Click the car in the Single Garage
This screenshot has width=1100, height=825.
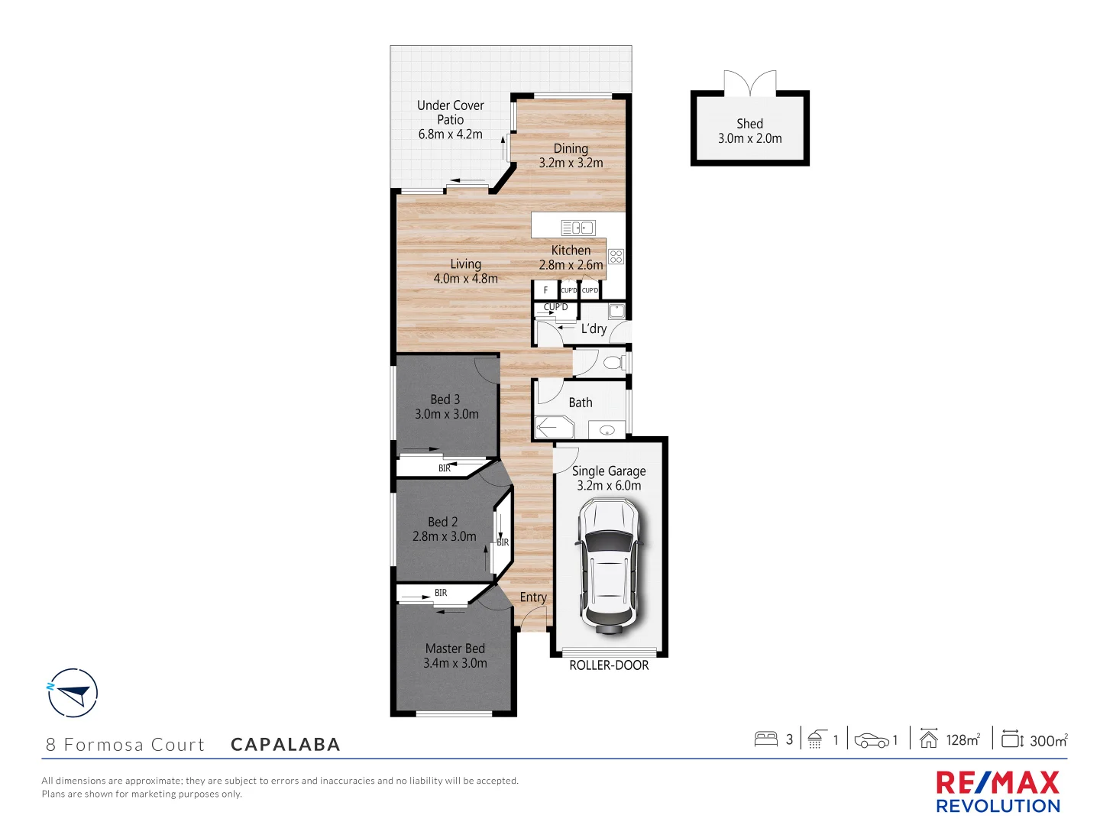pos(609,566)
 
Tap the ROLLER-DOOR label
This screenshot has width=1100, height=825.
pos(609,665)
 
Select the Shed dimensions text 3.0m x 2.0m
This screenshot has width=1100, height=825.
pos(749,138)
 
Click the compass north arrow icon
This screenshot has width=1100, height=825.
pos(73,693)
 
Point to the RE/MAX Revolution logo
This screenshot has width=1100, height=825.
pos(998,792)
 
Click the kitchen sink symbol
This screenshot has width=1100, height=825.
pos(577,228)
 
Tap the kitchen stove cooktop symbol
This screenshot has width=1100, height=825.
pos(616,256)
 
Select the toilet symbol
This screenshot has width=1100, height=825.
pos(613,361)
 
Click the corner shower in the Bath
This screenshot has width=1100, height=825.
pos(552,427)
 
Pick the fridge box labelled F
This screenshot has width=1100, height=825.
pos(545,290)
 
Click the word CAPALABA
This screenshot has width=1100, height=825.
pos(286,745)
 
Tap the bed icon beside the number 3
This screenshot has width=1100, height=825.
pos(765,739)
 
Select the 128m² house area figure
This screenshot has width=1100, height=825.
pos(962,739)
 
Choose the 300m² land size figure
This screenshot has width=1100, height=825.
pos(1048,740)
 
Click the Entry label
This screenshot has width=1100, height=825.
pos(533,597)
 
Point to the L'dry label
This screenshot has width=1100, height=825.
pos(594,329)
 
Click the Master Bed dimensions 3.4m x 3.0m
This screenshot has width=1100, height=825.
pos(455,663)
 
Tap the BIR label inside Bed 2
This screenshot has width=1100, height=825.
pos(503,542)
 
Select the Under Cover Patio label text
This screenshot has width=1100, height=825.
pos(450,112)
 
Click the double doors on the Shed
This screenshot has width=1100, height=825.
pos(749,83)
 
